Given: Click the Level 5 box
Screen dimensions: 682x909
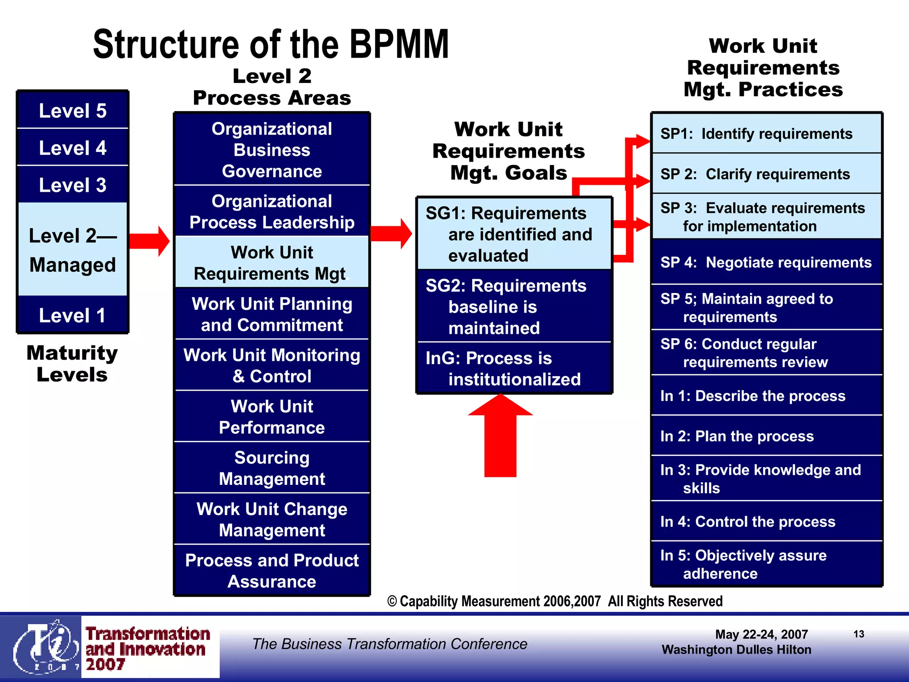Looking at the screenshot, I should point(72,111).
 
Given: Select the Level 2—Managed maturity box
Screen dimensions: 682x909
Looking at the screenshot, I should point(72,250).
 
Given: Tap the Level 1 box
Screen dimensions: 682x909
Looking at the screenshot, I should point(72,315).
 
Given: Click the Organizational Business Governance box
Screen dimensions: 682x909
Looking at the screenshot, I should point(272,150).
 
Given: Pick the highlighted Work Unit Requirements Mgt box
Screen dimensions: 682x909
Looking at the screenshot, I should point(272,262).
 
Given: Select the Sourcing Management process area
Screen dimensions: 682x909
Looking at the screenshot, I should point(272,468).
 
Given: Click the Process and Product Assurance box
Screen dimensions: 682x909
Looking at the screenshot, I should point(272,571).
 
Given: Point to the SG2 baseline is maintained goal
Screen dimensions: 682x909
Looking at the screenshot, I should point(514,306).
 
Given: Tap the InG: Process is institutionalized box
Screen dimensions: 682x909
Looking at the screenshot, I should point(514,368).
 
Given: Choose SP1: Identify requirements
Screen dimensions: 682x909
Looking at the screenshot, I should point(766,134).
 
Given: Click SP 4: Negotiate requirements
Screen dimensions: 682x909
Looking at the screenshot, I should point(766,262).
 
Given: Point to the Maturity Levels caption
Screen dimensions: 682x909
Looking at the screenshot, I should point(72,364).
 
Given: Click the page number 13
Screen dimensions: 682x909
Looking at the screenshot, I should point(858,634).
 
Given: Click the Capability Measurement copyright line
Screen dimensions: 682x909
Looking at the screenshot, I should point(555,601).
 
